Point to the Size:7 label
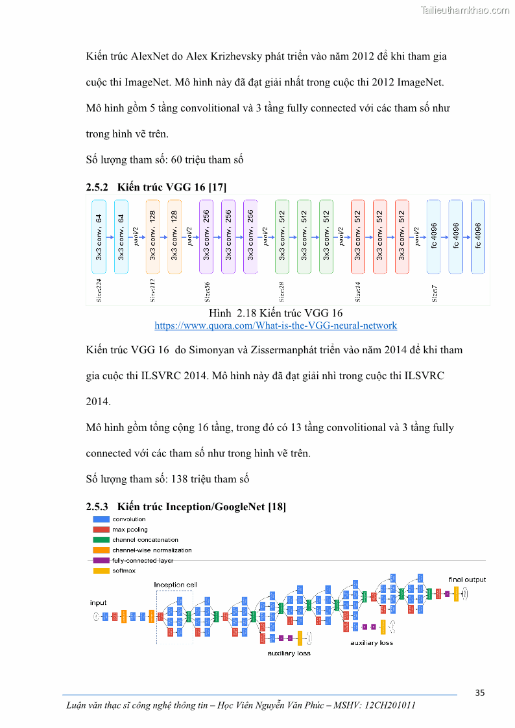tap(435, 294)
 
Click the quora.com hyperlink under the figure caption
tap(276, 325)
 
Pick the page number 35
tap(479, 692)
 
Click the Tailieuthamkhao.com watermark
tap(465, 10)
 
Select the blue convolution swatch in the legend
tap(101, 519)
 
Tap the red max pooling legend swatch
tap(101, 530)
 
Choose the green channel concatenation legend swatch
tap(101, 540)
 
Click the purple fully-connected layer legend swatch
tap(101, 560)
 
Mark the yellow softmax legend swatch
tap(101, 570)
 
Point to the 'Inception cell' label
tap(175, 585)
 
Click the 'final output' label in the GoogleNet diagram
tap(467, 580)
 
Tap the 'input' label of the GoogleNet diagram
tap(98, 603)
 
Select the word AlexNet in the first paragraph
tap(150, 56)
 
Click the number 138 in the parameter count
tap(178, 480)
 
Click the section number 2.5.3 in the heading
tap(97, 506)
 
